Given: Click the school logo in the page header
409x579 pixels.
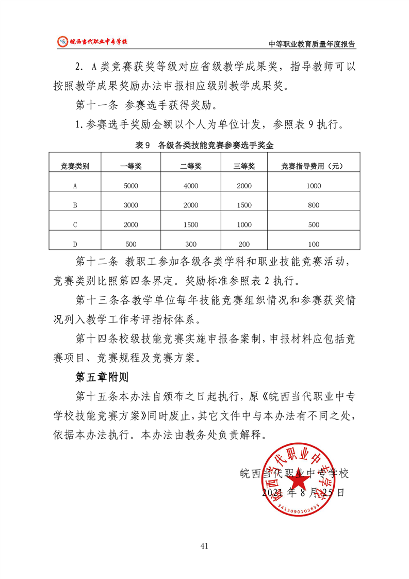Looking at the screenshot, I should click(x=62, y=41).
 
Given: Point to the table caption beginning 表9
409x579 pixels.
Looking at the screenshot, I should click(x=204, y=146).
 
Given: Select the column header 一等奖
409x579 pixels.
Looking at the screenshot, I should click(x=131, y=166).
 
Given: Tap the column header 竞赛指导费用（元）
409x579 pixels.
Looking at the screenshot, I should click(x=313, y=166).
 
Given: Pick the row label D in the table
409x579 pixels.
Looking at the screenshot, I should click(x=75, y=244).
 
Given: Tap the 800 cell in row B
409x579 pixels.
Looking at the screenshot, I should click(x=313, y=205).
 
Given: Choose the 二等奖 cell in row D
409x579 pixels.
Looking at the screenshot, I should click(x=190, y=244).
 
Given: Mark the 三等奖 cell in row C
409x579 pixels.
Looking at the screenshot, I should click(x=244, y=225).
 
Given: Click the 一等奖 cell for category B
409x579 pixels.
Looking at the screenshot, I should click(x=131, y=205).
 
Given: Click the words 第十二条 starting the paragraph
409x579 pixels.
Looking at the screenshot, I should click(x=96, y=262).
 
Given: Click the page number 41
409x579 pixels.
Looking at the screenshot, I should click(x=204, y=546).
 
